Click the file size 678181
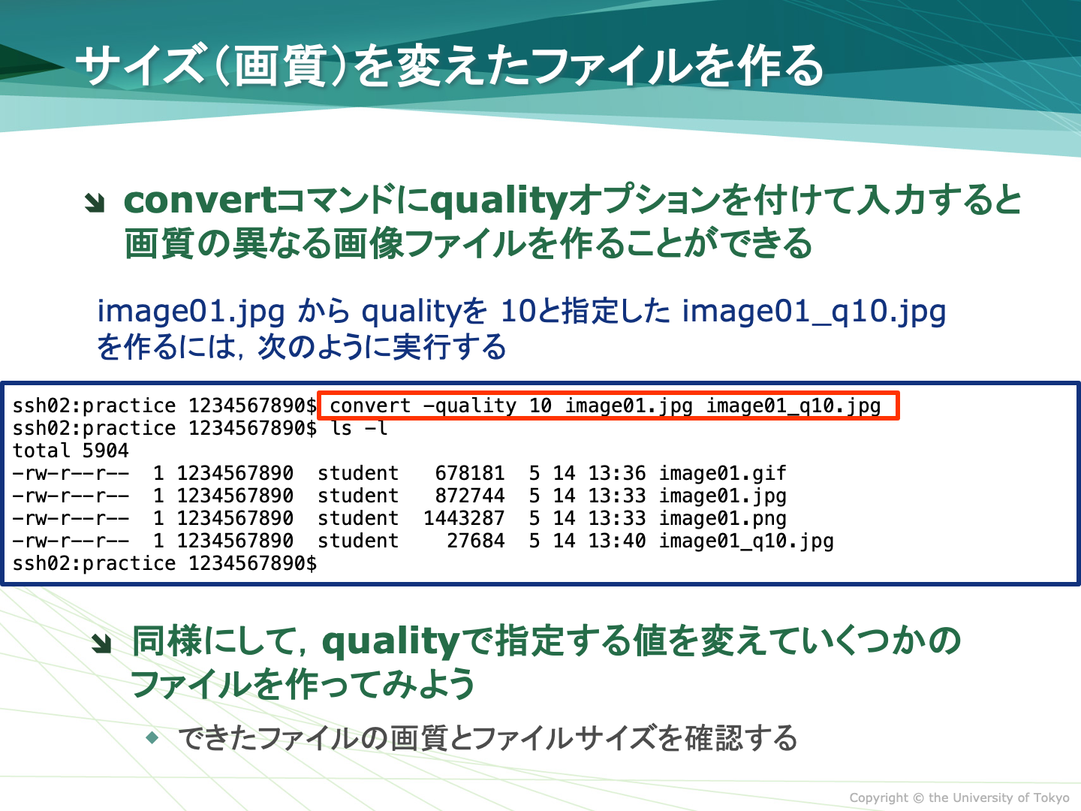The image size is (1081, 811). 470,473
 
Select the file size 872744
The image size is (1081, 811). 470,496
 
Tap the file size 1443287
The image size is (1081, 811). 464,518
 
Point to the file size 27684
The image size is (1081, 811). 476,541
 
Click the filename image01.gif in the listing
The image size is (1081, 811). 722,474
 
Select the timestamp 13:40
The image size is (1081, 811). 617,541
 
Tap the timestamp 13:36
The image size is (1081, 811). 617,473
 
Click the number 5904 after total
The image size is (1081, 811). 105,451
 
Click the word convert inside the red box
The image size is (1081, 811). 370,406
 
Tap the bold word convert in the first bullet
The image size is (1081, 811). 200,201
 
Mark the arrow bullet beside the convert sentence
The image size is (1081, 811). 95,203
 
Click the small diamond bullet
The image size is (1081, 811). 152,737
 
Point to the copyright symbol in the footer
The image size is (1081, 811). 918,797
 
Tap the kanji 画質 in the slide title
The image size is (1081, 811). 279,66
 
